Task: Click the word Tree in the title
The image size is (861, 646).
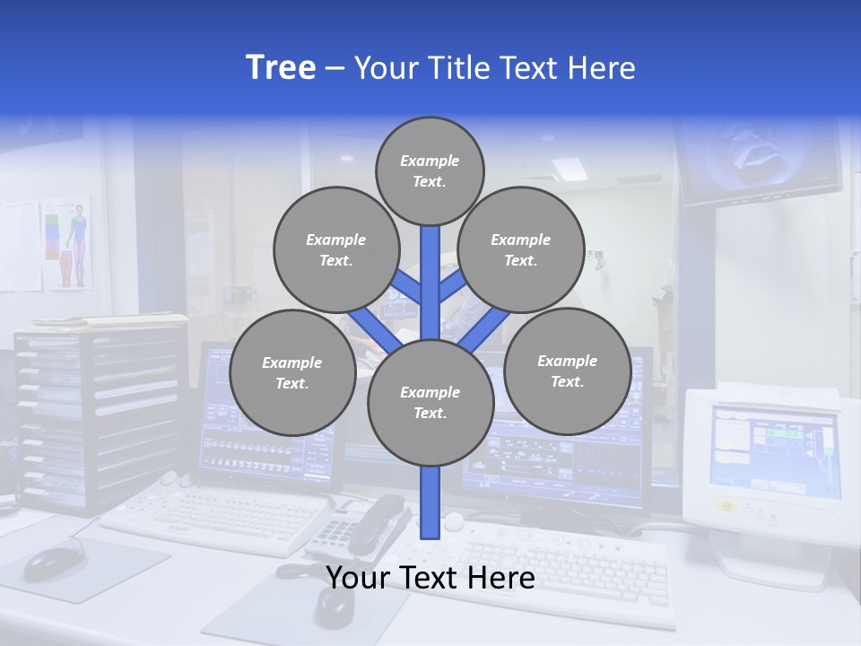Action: (x=281, y=67)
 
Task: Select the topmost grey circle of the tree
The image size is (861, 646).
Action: (x=430, y=170)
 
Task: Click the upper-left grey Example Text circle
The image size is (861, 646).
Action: (x=335, y=249)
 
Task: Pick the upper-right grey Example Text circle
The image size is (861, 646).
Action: (x=520, y=249)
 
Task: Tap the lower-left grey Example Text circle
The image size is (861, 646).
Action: (x=291, y=372)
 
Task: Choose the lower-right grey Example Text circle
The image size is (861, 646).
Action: (x=567, y=371)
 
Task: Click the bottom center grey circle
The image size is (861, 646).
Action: (x=430, y=402)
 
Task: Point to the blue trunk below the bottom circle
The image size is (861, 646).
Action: (x=430, y=502)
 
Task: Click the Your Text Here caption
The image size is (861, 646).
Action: (x=430, y=578)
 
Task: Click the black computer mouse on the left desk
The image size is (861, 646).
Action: (x=52, y=562)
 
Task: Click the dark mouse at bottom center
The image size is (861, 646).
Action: (x=334, y=607)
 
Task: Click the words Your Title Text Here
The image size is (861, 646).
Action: (x=495, y=68)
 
